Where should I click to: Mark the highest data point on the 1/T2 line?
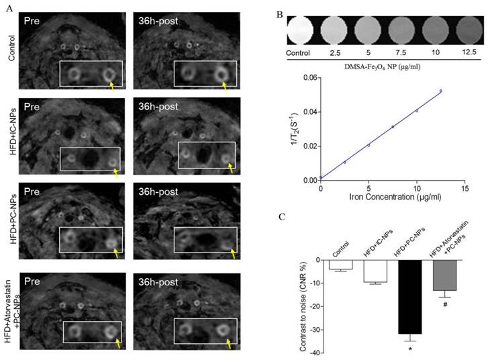tap(441, 91)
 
